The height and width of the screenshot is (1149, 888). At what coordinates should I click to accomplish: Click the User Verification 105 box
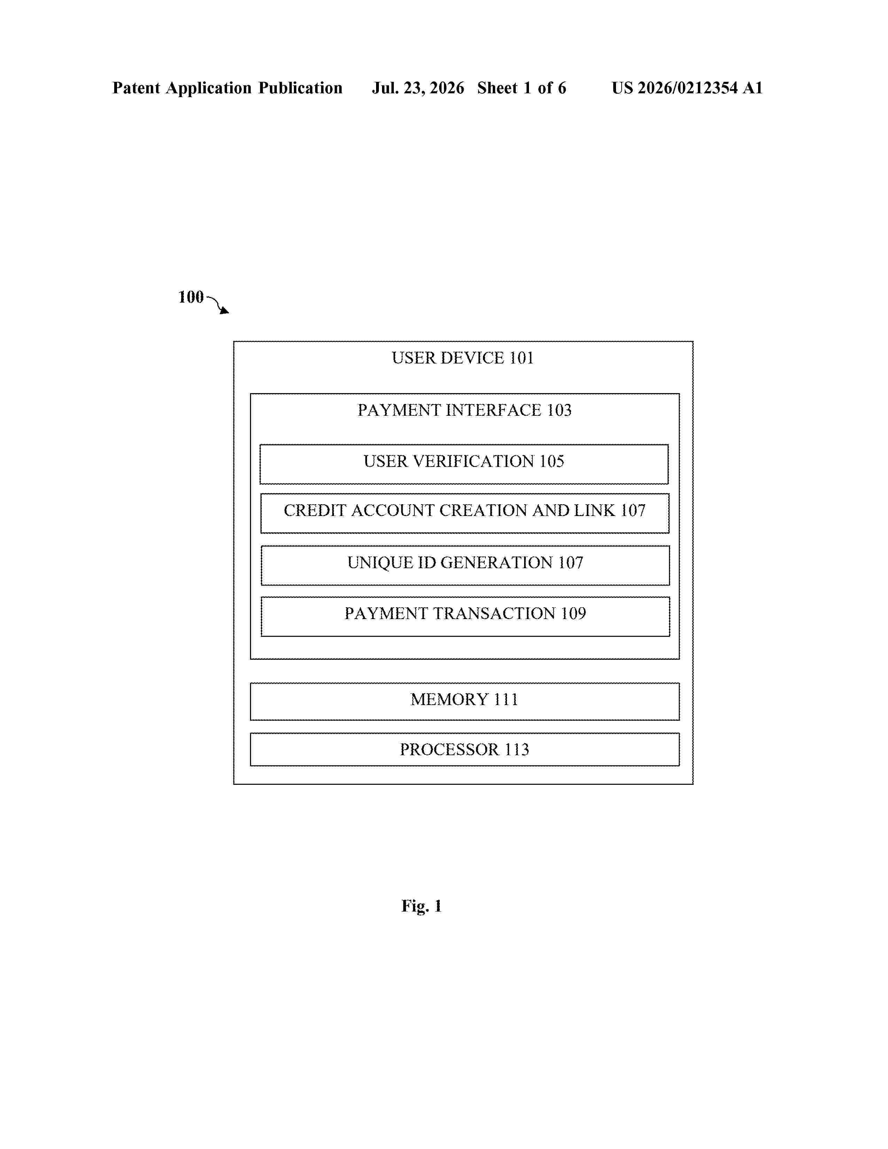click(464, 464)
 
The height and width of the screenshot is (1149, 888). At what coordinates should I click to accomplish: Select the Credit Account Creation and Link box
click(465, 513)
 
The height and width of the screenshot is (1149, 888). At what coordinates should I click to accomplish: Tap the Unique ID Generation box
click(465, 565)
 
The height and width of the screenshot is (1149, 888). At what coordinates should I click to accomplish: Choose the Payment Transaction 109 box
click(465, 617)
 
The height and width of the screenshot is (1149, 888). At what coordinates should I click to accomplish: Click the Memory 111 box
click(465, 701)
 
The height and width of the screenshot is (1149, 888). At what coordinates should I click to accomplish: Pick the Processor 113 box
click(465, 749)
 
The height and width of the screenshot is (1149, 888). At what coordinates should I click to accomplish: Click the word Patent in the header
click(136, 88)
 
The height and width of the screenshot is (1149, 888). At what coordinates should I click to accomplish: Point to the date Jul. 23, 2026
click(418, 88)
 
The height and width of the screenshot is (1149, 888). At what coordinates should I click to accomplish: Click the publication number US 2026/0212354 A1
click(687, 88)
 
